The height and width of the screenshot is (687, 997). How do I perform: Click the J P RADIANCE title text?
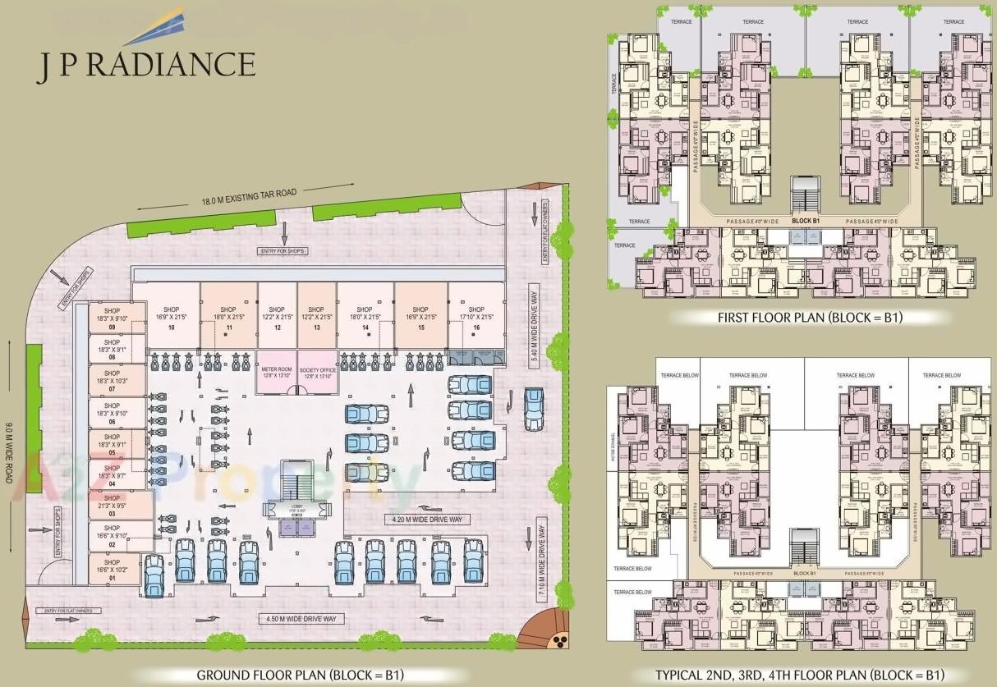pos(145,64)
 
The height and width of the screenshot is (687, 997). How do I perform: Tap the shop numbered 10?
pos(171,316)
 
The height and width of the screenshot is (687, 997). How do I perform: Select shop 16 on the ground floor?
pos(476,316)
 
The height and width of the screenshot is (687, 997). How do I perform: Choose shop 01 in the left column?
pos(113,570)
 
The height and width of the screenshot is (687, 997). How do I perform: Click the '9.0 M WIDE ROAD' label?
pos(9,451)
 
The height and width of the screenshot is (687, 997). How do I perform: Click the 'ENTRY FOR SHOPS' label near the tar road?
pos(280,250)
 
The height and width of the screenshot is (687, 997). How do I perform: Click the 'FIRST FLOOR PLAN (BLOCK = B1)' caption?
pos(810,317)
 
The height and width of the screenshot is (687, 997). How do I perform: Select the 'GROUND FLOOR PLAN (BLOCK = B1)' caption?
pos(300,676)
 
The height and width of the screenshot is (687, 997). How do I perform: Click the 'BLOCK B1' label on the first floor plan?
pos(806,221)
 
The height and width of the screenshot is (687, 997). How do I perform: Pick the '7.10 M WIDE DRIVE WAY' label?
pos(541,558)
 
